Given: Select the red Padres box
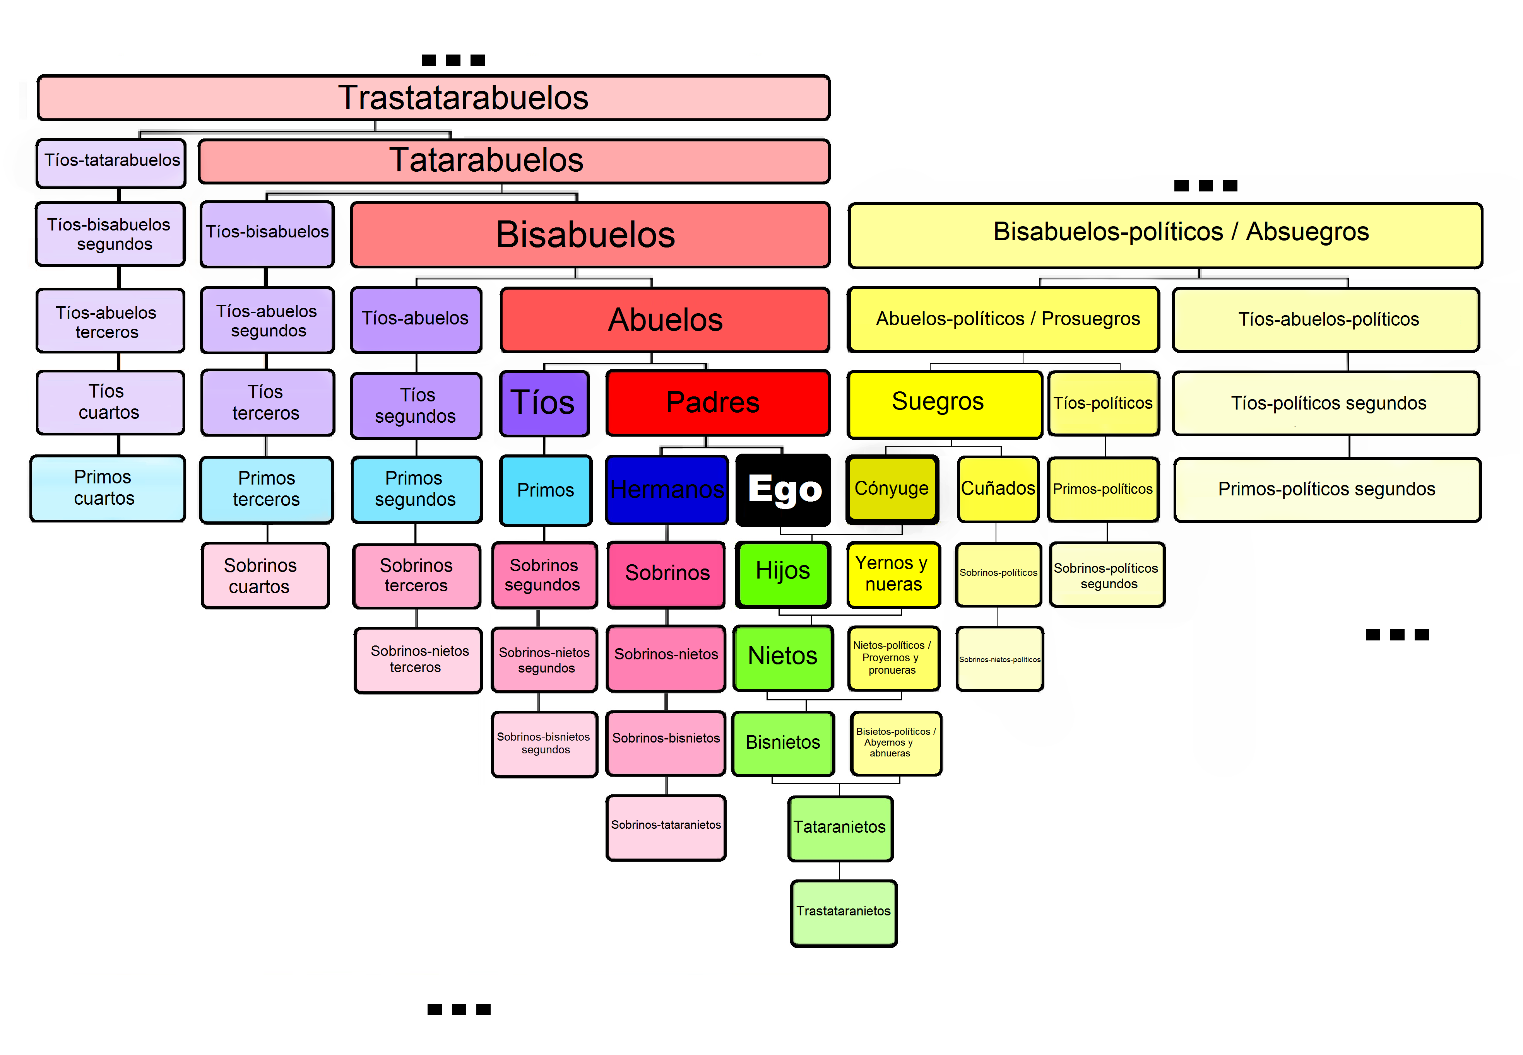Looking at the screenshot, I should [717, 403].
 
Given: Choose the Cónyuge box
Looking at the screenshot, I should [892, 488].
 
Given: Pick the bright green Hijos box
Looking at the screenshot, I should [783, 572].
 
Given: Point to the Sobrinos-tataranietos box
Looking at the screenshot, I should [666, 826].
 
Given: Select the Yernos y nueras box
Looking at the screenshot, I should [893, 574].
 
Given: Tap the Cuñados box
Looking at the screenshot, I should [997, 488].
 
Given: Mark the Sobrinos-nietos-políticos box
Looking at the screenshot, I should [999, 659].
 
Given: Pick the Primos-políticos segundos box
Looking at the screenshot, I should [1326, 489].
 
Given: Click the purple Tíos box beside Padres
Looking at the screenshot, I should [544, 403].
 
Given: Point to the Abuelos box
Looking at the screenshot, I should [665, 320].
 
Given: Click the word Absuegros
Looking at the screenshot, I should [1307, 232].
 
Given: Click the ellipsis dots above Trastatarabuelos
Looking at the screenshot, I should [453, 60].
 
